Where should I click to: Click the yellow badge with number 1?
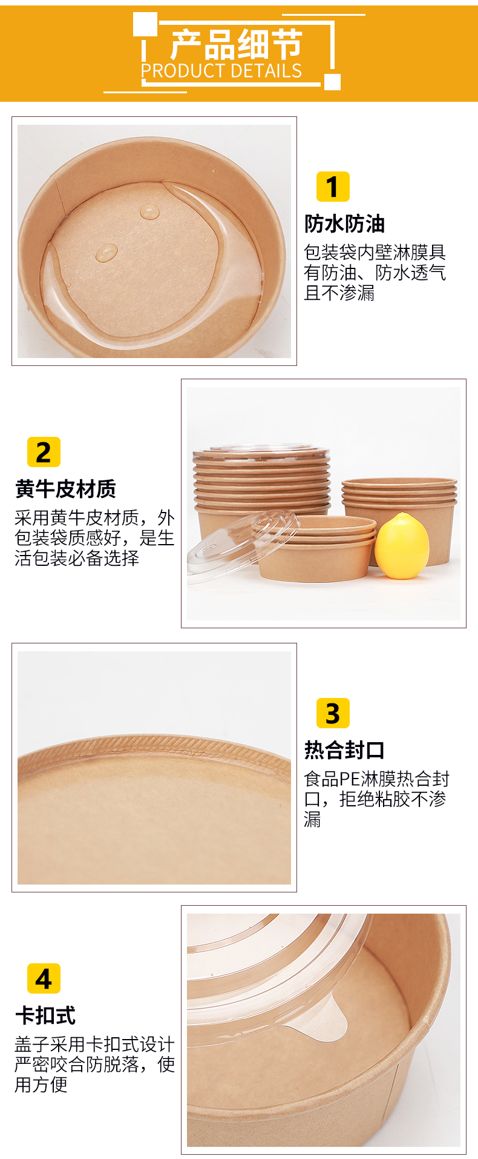pyautogui.click(x=333, y=187)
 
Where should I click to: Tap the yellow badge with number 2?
pyautogui.click(x=44, y=452)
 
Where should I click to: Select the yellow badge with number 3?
pyautogui.click(x=333, y=713)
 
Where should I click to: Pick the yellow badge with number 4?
pyautogui.click(x=44, y=978)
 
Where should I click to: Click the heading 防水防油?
pyautogui.click(x=344, y=224)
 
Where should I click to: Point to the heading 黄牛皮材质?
pyautogui.click(x=65, y=488)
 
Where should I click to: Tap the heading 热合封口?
pyautogui.click(x=344, y=750)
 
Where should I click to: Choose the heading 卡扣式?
pyautogui.click(x=45, y=1015)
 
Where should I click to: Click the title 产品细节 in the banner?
pyautogui.click(x=236, y=44)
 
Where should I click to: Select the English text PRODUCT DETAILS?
pyautogui.click(x=221, y=71)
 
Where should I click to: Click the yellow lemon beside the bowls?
pyautogui.click(x=402, y=546)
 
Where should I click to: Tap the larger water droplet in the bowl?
pyautogui.click(x=107, y=252)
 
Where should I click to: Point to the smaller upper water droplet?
pyautogui.click(x=149, y=211)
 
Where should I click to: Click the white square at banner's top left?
pyautogui.click(x=145, y=24)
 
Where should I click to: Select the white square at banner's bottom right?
pyautogui.click(x=332, y=82)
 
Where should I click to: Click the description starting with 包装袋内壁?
pyautogui.click(x=375, y=273)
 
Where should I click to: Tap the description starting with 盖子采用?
pyautogui.click(x=94, y=1064)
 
